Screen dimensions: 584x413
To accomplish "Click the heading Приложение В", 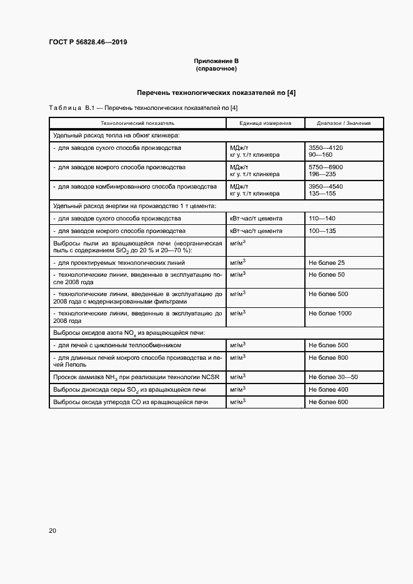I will (216, 61).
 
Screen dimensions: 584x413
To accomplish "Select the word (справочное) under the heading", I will (216, 68).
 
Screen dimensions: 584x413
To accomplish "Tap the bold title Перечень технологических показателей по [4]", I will (216, 92).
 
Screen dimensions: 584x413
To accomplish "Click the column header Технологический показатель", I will (133, 123).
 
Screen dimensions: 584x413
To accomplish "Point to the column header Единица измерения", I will (265, 123).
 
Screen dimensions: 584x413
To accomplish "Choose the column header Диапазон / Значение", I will (344, 123).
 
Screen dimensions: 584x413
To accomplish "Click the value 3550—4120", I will (326, 148).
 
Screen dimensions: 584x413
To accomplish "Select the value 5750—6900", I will (326, 167).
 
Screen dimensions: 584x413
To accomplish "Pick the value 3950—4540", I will (326, 187).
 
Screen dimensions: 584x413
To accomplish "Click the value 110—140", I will (322, 219).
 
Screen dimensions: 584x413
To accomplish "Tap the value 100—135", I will (322, 231).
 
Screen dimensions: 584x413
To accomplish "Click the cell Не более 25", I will (326, 263).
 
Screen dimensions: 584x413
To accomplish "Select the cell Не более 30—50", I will (333, 377).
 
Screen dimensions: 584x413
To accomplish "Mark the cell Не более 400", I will (328, 390).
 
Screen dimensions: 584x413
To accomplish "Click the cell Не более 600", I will (328, 402).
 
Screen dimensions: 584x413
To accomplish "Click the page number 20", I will (52, 531).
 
